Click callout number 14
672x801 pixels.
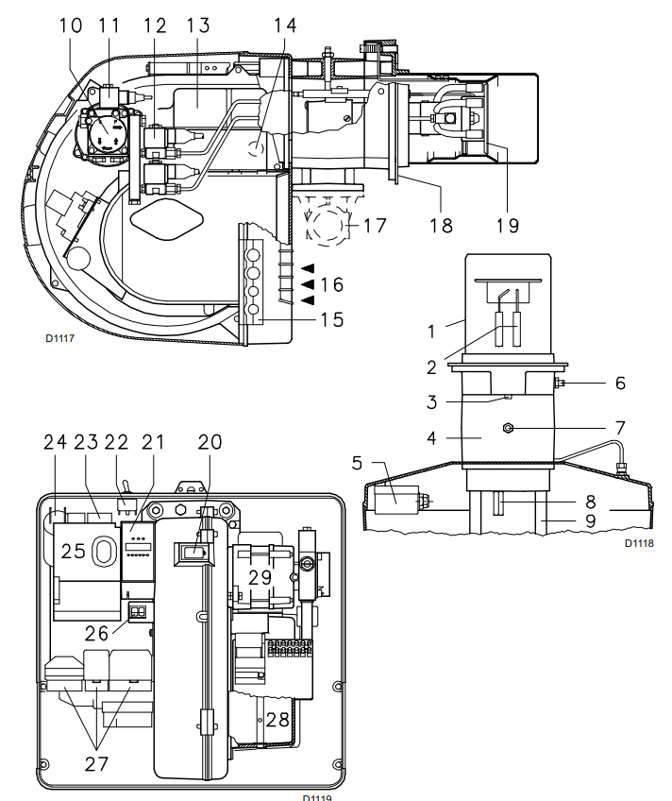285,26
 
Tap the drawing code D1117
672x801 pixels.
59,338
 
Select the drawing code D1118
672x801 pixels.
639,543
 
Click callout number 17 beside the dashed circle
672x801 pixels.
375,225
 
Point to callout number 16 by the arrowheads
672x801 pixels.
331,284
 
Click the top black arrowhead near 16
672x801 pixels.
308,267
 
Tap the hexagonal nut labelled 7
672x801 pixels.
508,428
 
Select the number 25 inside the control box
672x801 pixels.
73,552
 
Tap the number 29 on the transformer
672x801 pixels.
260,578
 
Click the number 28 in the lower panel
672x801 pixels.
277,720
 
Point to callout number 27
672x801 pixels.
96,764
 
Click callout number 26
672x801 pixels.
96,634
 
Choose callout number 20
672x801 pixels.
210,442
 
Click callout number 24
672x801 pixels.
55,442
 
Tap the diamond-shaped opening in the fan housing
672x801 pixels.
167,219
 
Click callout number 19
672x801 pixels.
508,225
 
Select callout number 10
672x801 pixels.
71,26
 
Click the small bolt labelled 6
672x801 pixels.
560,383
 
